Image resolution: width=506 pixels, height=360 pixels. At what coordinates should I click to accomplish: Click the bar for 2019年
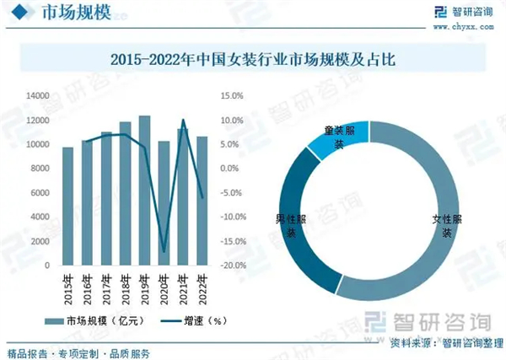tap(144, 190)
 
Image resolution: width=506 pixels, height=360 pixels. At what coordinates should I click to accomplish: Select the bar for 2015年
tap(67, 206)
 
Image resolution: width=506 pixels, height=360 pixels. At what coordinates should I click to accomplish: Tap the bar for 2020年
tap(164, 202)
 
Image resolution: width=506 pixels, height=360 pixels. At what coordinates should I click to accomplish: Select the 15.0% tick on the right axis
tap(232, 97)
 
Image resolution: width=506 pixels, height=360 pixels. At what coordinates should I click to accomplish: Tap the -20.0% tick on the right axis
tap(232, 265)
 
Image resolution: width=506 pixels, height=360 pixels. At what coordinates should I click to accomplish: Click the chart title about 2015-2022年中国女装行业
tap(253, 61)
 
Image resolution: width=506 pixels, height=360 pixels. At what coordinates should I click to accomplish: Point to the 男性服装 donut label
tap(289, 225)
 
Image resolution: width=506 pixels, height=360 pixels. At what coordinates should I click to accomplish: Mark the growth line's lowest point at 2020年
tap(164, 251)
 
